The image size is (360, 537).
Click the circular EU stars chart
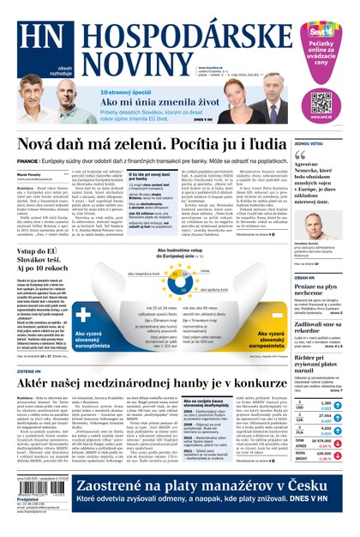point(180,283)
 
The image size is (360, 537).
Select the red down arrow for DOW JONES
point(339,446)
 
